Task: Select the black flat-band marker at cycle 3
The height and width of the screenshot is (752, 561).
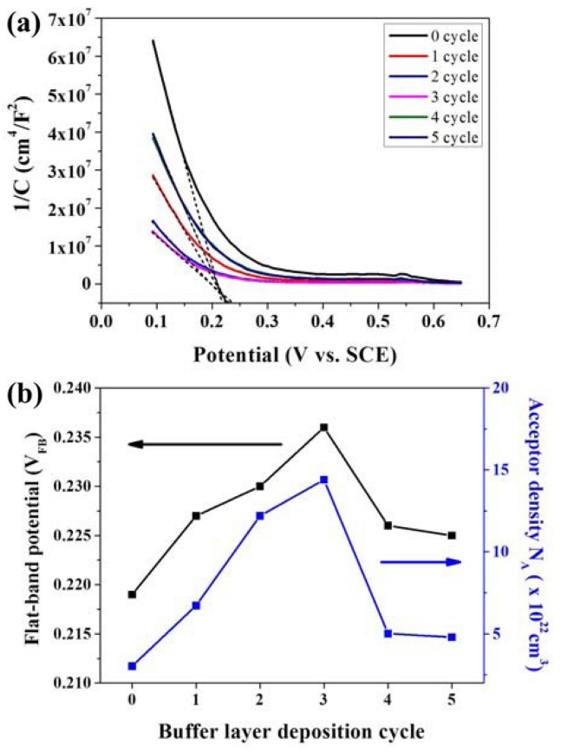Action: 323,428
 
